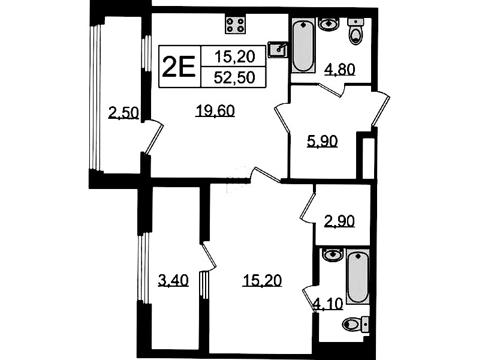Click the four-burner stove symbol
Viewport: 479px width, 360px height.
[x=235, y=25]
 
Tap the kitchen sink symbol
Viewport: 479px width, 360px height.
[x=278, y=49]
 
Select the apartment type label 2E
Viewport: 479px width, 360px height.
[x=179, y=67]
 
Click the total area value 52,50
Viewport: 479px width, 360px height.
[x=234, y=77]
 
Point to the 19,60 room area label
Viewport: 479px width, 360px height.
[x=215, y=110]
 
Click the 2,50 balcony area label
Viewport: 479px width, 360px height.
[x=123, y=113]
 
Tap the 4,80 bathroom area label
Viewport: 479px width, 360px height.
[x=339, y=70]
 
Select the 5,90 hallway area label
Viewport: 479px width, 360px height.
[x=322, y=142]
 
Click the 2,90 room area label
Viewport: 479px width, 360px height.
[x=339, y=221]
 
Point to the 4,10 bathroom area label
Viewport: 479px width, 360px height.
[x=329, y=304]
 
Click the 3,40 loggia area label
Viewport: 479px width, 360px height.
[x=173, y=280]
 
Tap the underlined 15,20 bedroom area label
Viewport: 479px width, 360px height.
[x=262, y=280]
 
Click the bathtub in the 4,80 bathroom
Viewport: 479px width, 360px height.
[x=303, y=45]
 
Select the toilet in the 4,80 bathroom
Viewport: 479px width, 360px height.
[x=356, y=31]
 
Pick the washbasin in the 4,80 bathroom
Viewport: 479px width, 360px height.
[x=329, y=24]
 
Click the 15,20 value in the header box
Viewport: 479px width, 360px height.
[x=234, y=56]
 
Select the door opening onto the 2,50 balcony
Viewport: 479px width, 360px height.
[x=153, y=137]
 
